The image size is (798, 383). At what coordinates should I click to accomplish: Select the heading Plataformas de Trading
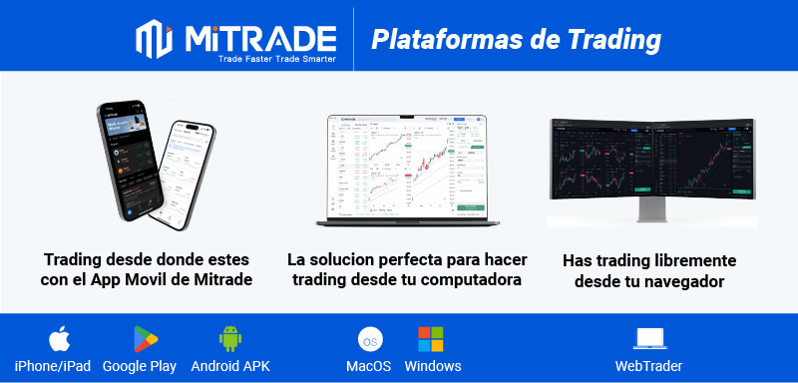pos(516,39)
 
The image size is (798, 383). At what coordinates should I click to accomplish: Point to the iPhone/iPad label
pos(53,366)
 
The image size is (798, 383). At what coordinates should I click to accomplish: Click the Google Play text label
pos(140,366)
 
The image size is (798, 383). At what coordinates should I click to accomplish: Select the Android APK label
pos(230,366)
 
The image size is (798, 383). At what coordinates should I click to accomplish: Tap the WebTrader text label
pos(648,366)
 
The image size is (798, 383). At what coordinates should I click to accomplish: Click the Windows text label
pos(433,366)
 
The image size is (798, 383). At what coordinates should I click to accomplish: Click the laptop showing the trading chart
pos(406,165)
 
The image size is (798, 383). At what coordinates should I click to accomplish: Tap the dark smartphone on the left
pos(129,160)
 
